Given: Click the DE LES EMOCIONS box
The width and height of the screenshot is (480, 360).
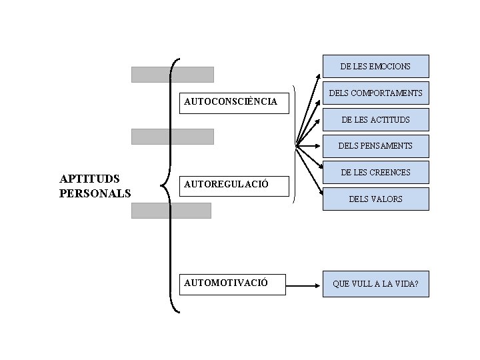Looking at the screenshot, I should tap(375, 66).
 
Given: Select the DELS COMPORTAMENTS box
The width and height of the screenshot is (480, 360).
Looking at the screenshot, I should tap(375, 93).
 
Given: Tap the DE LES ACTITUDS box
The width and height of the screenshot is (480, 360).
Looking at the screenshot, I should tap(375, 119).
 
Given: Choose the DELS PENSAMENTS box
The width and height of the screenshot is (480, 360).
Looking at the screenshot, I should tap(375, 145).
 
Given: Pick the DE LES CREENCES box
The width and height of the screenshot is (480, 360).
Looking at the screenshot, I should tap(375, 172).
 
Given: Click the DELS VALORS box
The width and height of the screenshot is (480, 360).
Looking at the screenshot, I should tap(375, 199).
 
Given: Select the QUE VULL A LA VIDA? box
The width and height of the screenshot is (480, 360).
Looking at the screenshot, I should tap(375, 284).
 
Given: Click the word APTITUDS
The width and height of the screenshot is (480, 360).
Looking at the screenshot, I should tap(89, 179).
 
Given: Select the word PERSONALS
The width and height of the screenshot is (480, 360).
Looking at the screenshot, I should tap(95, 193).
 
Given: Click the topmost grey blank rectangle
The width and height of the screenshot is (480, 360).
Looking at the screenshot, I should tap(172, 74).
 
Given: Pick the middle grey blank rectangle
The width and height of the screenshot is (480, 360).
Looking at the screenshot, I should tap(172, 136).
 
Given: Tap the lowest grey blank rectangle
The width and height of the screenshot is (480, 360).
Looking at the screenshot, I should tap(171, 211).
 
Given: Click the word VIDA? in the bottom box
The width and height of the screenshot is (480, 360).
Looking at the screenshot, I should tap(405, 284).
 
